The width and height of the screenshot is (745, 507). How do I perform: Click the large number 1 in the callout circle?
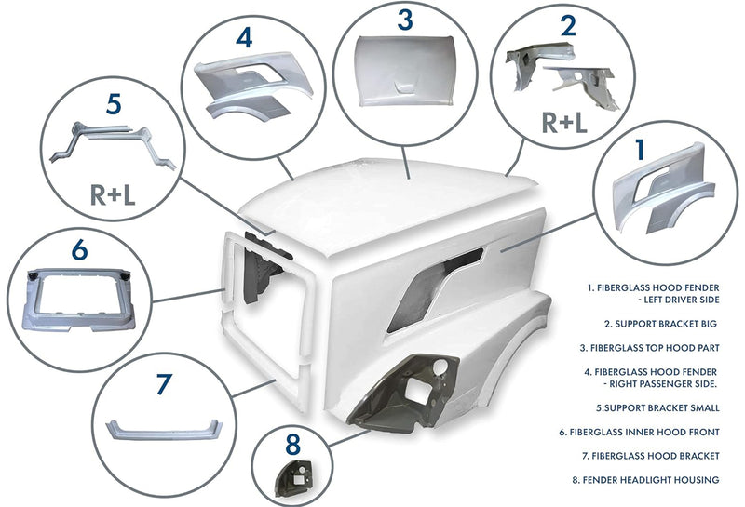pos(641,149)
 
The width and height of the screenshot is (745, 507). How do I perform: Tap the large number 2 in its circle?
pos(568,25)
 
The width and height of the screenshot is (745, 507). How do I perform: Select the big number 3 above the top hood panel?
pos(405,20)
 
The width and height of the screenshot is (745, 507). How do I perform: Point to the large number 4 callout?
pos(244,38)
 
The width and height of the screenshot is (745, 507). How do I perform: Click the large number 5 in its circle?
pos(114,103)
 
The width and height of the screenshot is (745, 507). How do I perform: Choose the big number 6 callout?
pos(80,249)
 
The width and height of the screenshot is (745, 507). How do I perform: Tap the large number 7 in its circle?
pos(164,384)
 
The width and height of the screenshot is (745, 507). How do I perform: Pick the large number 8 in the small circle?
pos(292,445)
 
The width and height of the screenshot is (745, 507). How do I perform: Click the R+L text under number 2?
pos(564,122)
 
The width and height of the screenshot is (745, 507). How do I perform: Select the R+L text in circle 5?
pos(113,194)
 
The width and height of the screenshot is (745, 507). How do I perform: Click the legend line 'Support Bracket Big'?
pos(660,324)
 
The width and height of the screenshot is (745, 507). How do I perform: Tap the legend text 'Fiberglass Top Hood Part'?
pos(649,348)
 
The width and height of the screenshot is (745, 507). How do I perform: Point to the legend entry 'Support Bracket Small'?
pos(657,407)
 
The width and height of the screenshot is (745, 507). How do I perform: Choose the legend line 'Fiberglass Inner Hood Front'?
pos(639,432)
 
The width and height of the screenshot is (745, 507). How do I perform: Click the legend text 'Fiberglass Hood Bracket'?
pos(650,456)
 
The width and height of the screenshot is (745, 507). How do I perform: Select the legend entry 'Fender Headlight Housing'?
pos(645,480)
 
